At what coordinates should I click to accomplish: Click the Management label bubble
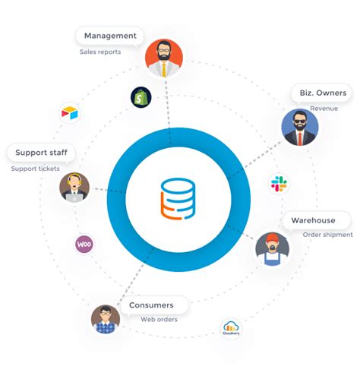pyautogui.click(x=110, y=36)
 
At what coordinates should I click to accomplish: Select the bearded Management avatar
pyautogui.click(x=163, y=58)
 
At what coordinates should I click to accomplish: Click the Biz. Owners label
pyautogui.click(x=319, y=93)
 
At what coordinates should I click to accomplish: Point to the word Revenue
pyautogui.click(x=324, y=109)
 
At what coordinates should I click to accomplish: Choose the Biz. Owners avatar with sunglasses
pyautogui.click(x=299, y=127)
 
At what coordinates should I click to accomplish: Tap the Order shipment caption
pyautogui.click(x=327, y=235)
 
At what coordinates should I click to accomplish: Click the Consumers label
pyautogui.click(x=151, y=305)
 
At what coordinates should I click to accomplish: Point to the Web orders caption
pyautogui.click(x=158, y=319)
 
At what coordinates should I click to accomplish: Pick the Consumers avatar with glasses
pyautogui.click(x=106, y=319)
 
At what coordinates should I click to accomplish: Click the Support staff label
pyautogui.click(x=41, y=153)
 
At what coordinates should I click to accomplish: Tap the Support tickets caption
pyautogui.click(x=35, y=169)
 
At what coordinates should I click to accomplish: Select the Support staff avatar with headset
pyautogui.click(x=74, y=187)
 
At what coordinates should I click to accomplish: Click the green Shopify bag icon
pyautogui.click(x=141, y=97)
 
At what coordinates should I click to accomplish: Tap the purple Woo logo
pyautogui.click(x=84, y=245)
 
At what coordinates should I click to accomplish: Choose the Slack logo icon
pyautogui.click(x=279, y=183)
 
